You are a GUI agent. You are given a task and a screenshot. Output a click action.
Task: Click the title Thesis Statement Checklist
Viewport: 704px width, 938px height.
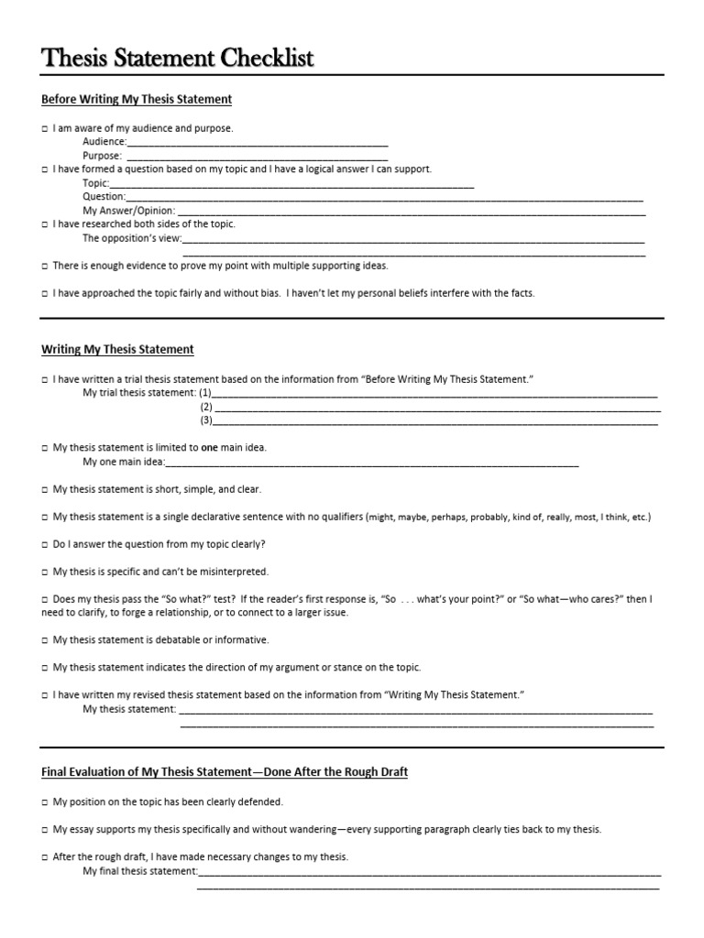coord(178,59)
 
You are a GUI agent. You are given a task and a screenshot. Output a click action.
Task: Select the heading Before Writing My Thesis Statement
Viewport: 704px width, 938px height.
coord(137,99)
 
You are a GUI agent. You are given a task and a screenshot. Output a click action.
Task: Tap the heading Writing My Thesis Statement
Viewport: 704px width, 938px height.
coord(117,349)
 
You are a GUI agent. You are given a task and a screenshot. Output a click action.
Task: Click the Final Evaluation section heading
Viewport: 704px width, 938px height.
coord(225,772)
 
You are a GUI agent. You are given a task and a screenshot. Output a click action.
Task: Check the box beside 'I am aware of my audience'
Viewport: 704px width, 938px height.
coord(44,129)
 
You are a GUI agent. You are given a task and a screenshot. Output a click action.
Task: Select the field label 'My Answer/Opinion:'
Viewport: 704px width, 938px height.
coord(128,211)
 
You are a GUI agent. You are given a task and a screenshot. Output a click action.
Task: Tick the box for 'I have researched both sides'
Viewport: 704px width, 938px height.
coord(44,224)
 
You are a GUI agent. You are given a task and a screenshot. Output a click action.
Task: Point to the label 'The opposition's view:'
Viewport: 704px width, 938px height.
coord(132,238)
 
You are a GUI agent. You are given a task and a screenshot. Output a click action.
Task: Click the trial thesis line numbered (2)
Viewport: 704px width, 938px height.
coord(434,408)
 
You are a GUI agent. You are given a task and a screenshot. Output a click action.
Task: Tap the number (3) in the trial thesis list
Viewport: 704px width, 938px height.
coord(206,421)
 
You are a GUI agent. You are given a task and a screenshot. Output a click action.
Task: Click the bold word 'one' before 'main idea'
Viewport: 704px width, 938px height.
coord(209,448)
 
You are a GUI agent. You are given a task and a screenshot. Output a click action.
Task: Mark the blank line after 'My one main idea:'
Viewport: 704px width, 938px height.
coord(371,463)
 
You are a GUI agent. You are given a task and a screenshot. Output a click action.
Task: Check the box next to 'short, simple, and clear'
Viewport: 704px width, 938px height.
coord(44,490)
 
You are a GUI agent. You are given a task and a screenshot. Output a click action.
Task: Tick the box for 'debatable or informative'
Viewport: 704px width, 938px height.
coord(44,640)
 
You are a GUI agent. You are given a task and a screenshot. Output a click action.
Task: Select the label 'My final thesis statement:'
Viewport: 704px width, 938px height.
coord(139,871)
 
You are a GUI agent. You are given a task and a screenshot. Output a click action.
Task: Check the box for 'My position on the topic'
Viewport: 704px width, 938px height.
coord(44,802)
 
